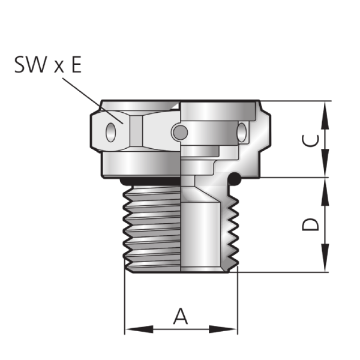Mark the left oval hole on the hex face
point(110,131)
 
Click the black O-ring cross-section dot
point(236,178)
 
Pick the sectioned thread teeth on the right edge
point(233,228)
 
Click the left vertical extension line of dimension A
point(125,300)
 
